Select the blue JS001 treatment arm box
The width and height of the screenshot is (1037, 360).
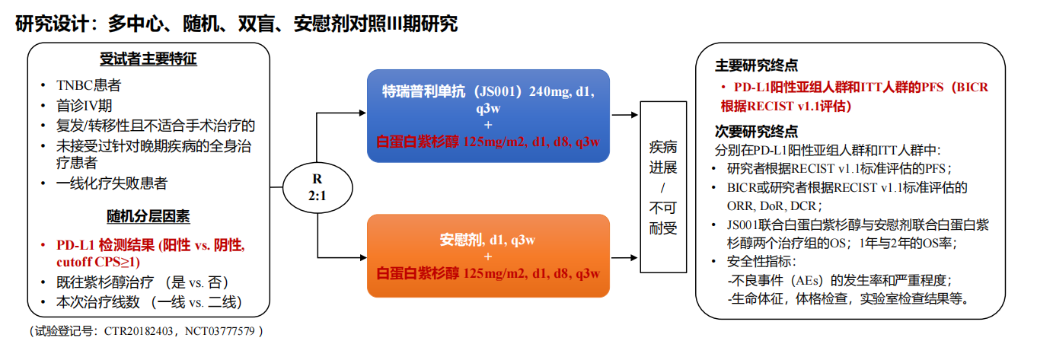tap(488, 116)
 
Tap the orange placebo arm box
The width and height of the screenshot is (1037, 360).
tap(488, 256)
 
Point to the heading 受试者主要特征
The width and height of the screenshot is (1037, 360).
tap(148, 59)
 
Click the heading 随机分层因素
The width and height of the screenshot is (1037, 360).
tap(148, 216)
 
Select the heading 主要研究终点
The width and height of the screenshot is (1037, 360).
tap(757, 65)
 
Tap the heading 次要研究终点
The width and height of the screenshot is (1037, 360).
tap(757, 132)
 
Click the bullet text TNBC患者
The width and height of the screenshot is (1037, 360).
tap(88, 85)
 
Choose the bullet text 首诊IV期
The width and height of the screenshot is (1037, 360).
tap(84, 106)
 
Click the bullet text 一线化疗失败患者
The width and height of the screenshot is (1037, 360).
tap(112, 183)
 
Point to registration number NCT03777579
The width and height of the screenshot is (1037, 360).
tap(220, 331)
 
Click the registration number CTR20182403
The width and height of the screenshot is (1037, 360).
tap(139, 331)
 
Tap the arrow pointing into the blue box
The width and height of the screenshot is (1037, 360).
tap(341, 113)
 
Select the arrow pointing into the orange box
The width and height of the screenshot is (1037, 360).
tap(342, 258)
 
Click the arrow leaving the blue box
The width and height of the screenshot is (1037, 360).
tap(625, 115)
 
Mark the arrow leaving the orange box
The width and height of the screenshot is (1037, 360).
tap(625, 258)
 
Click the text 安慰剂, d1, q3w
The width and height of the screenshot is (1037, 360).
tap(487, 240)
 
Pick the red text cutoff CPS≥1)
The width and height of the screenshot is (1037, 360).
tap(98, 262)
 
